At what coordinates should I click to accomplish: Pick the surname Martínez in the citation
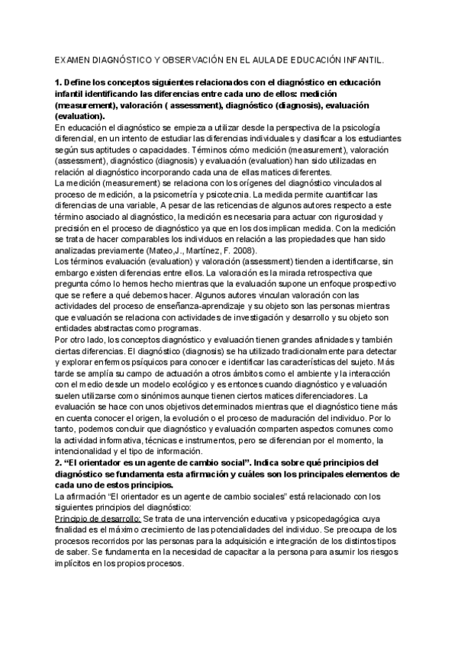(x=195, y=251)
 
